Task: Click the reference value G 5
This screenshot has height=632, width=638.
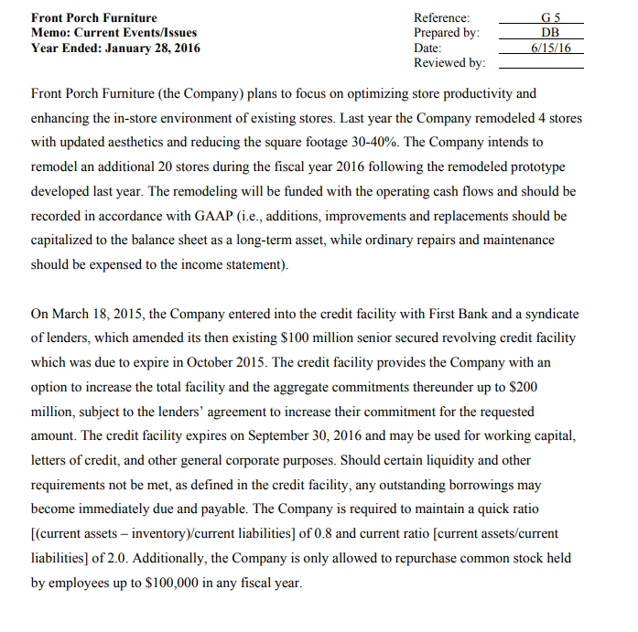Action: pos(551,17)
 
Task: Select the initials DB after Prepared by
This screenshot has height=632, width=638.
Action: pos(551,33)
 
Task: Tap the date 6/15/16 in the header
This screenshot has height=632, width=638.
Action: pos(551,48)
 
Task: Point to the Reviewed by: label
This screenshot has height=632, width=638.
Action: pos(449,63)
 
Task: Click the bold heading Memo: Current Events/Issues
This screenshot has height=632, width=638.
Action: pos(114,33)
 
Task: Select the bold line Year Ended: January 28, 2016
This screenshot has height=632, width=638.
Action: pos(115,48)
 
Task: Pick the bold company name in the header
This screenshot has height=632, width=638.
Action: pos(93,17)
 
